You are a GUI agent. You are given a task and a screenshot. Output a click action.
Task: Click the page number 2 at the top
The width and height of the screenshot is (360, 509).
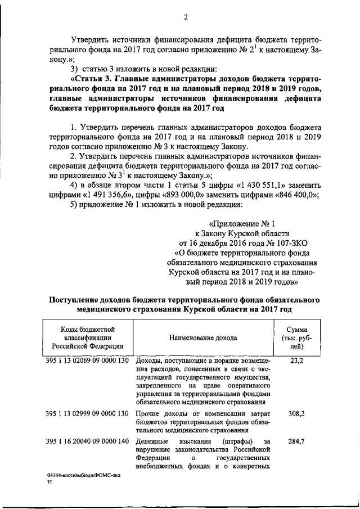point(184,16)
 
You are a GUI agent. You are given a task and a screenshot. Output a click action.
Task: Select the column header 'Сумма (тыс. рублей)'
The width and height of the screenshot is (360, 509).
point(296,337)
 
